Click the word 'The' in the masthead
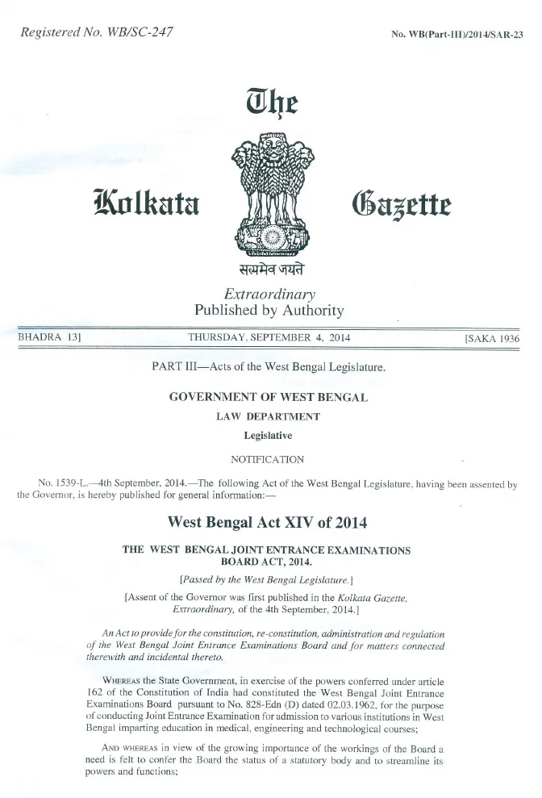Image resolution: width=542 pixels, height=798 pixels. click(x=270, y=103)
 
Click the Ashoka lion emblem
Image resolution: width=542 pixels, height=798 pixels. click(x=269, y=190)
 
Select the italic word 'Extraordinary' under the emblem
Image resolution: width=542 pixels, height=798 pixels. click(x=269, y=295)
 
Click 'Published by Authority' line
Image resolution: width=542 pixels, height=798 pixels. click(x=269, y=311)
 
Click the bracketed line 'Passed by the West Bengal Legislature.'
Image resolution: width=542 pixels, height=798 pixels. click(x=268, y=578)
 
